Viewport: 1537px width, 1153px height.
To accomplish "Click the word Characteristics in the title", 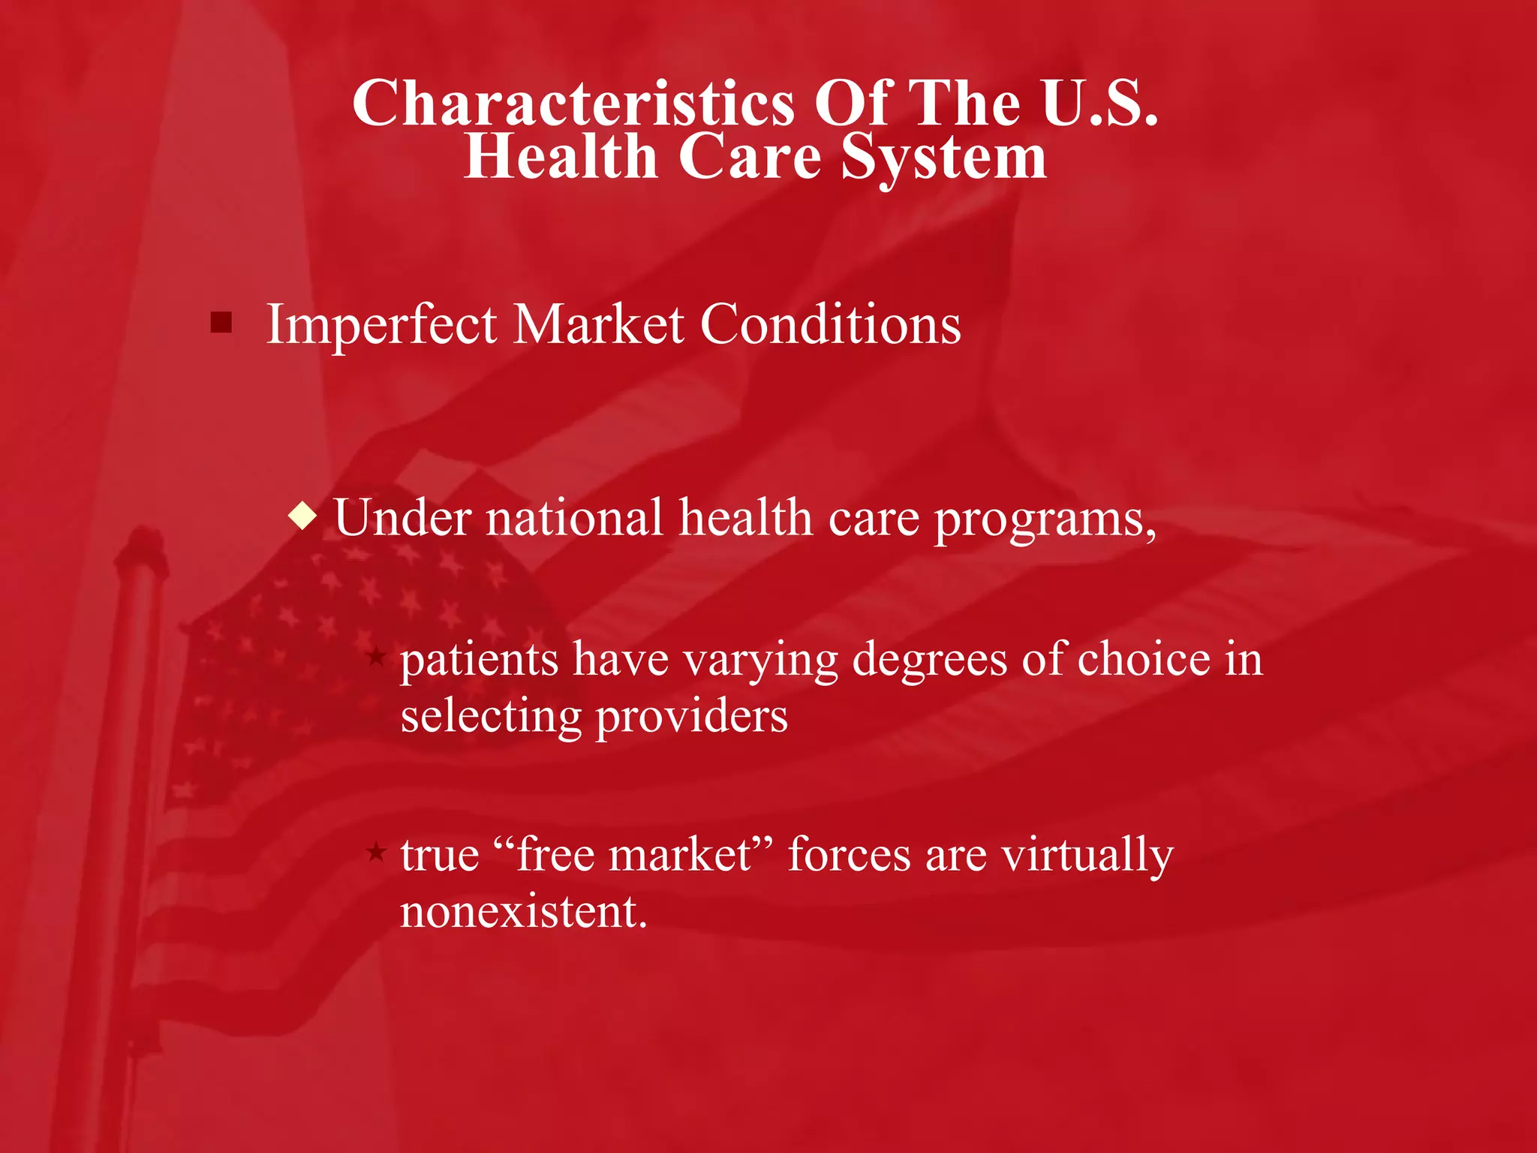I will (573, 104).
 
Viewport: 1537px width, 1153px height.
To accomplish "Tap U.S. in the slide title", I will (1099, 104).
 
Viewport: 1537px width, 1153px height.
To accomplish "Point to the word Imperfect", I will (381, 325).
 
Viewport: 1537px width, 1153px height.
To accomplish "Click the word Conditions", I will (830, 325).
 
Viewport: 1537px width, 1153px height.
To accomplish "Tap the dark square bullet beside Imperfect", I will (221, 324).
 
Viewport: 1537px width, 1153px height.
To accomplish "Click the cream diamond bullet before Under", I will (302, 517).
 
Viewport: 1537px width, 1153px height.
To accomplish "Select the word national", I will (574, 518).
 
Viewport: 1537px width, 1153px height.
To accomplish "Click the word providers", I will (691, 716).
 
